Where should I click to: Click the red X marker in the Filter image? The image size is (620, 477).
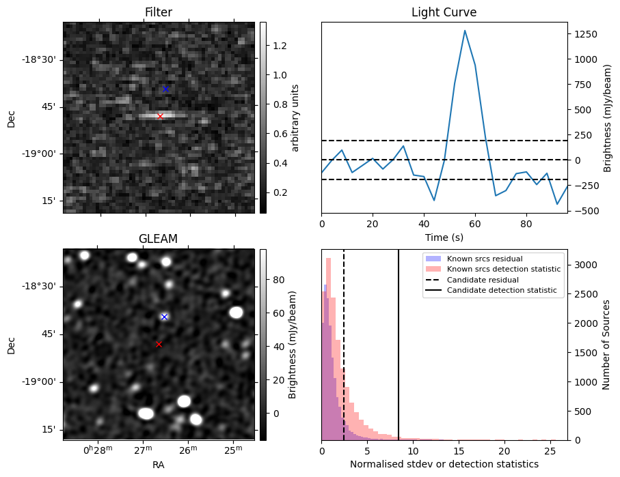tap(160, 116)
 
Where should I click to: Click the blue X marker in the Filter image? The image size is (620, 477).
tap(165, 89)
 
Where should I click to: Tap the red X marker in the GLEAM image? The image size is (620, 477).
tap(159, 345)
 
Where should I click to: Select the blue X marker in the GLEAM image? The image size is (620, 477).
tap(165, 317)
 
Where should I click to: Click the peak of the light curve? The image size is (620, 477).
tap(465, 31)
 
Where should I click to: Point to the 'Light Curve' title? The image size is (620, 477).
tap(444, 12)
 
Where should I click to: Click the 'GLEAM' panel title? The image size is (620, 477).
tap(158, 239)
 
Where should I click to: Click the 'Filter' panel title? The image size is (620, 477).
tap(159, 12)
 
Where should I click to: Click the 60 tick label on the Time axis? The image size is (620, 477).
tap(475, 224)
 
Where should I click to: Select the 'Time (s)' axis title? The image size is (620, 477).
tap(444, 237)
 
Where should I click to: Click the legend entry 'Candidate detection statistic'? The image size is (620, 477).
tap(502, 290)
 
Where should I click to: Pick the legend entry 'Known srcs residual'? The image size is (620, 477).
tap(485, 259)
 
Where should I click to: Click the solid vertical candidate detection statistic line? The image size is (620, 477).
tap(398, 345)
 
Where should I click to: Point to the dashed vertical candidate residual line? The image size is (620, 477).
tap(344, 345)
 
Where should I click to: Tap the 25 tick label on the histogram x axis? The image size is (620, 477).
tap(550, 450)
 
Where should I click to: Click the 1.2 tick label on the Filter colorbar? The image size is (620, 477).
tap(280, 46)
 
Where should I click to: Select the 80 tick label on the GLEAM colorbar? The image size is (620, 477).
tap(278, 280)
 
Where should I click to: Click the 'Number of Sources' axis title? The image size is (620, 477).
tap(606, 345)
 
